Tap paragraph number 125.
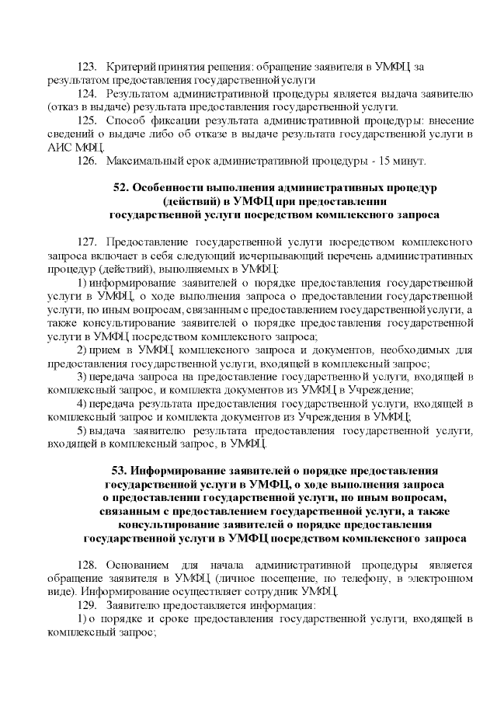pyautogui.click(x=88, y=120)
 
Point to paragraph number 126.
pyautogui.click(x=88, y=160)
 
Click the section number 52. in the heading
pyautogui.click(x=122, y=188)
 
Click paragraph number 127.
pyautogui.click(x=88, y=242)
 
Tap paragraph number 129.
pyautogui.click(x=88, y=605)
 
